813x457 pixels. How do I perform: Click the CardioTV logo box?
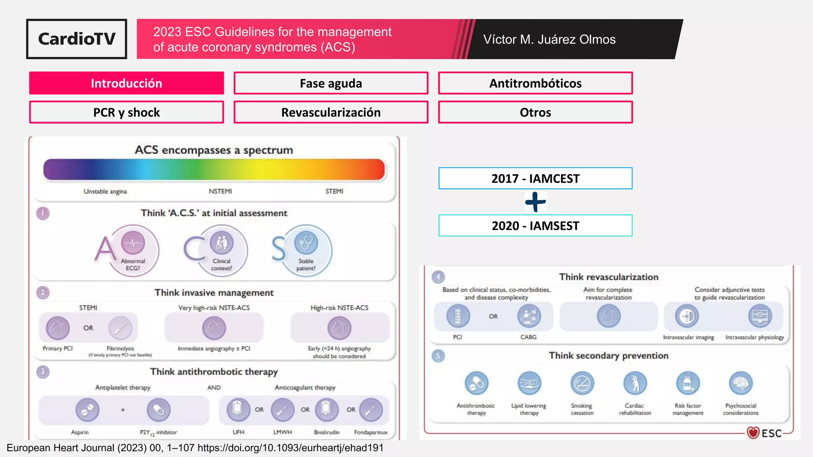(77, 39)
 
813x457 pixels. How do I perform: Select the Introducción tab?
(126, 83)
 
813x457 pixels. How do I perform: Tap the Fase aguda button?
(331, 83)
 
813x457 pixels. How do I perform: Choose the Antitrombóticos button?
(535, 83)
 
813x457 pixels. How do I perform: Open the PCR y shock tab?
(126, 112)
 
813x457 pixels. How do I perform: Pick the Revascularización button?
(331, 112)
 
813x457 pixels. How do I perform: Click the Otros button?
(535, 112)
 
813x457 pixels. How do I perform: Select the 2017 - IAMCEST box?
(535, 179)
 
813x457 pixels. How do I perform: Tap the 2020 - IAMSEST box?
(535, 226)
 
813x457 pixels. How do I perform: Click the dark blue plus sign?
(535, 202)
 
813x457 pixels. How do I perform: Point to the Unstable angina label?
(105, 191)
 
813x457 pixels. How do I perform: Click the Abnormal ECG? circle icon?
(133, 243)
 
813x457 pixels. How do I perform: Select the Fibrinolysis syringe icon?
(120, 328)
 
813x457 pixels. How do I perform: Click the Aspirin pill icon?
(87, 409)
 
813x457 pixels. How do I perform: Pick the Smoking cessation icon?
(582, 383)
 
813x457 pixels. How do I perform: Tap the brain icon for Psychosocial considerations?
(741, 383)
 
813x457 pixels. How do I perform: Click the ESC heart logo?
(753, 432)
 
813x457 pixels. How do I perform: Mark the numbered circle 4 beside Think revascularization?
(438, 277)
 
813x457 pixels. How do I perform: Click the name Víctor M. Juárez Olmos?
(549, 39)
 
